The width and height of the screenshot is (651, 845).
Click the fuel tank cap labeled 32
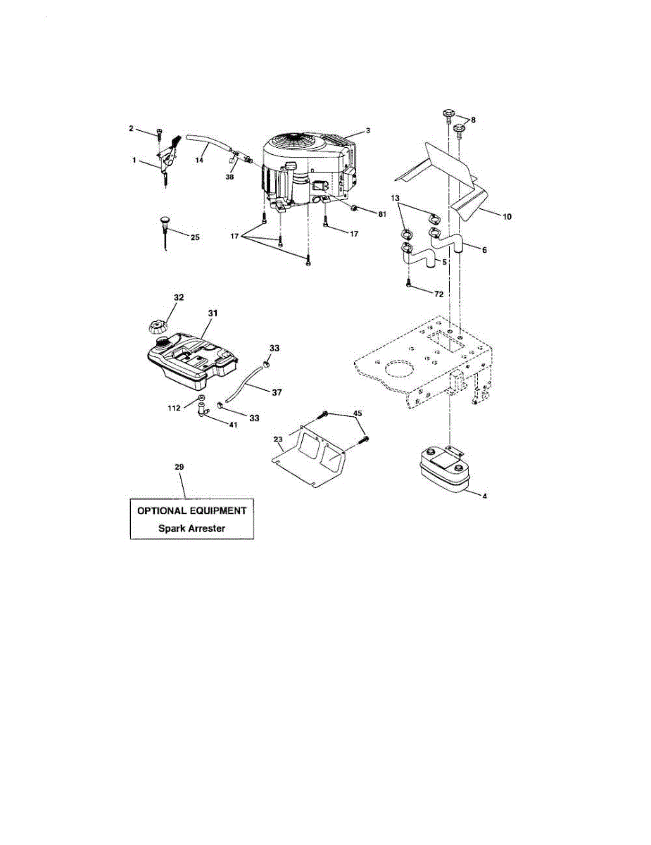coord(156,327)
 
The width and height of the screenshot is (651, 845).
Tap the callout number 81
coord(381,214)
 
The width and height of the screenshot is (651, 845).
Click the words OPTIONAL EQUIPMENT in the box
coord(191,510)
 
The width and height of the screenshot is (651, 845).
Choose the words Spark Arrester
coord(191,528)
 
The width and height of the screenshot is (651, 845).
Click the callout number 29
coord(179,467)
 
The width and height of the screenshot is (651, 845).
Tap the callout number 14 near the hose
coord(199,161)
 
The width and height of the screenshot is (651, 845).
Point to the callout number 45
coord(357,413)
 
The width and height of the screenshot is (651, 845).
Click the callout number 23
coord(278,438)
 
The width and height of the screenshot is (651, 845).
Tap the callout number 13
coord(395,199)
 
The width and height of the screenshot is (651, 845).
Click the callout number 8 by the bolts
coord(472,120)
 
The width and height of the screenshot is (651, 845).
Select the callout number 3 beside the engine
coord(367,131)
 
